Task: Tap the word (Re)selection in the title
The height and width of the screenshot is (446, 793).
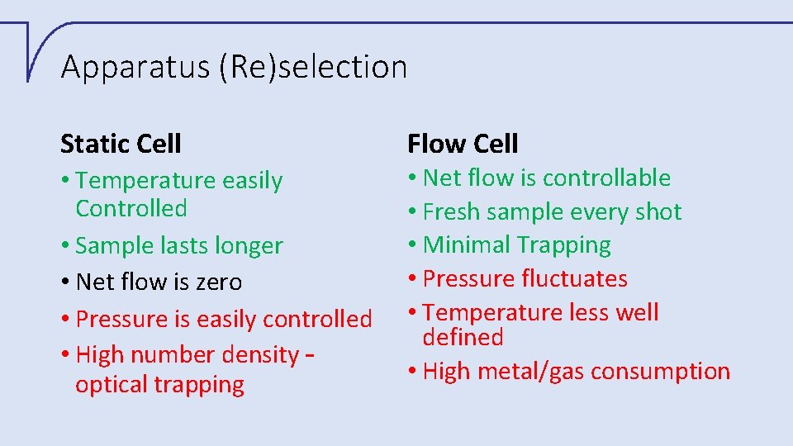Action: coord(313,67)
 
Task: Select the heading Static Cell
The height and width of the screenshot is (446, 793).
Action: coord(121,144)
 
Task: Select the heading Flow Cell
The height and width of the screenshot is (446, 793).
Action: coord(463,144)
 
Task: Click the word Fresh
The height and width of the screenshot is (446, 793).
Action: coord(451,212)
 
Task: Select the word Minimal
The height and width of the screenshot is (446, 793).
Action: coord(465,245)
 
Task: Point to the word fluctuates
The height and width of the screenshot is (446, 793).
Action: coord(575,279)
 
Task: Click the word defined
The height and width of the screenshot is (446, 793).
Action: coord(463,337)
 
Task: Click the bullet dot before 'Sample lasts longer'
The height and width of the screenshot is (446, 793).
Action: coord(65,246)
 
